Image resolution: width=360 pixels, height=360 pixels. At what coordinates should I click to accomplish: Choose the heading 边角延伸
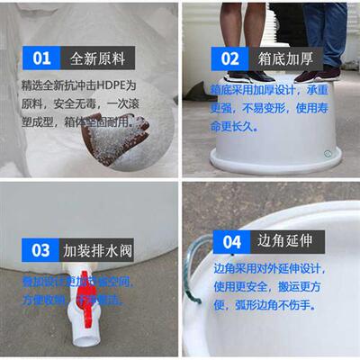pos(286,242)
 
